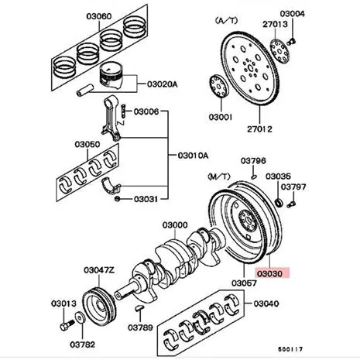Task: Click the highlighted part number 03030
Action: click(x=271, y=273)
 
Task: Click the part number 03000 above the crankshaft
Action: click(x=174, y=225)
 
